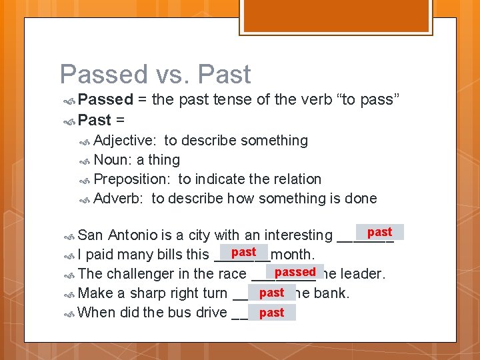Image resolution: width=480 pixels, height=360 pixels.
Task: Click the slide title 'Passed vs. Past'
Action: pos(155,74)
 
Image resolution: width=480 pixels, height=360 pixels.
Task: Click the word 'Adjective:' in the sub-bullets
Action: pos(125,141)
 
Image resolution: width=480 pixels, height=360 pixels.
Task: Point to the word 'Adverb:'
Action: pos(119,199)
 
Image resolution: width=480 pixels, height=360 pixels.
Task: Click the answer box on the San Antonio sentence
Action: pos(379,232)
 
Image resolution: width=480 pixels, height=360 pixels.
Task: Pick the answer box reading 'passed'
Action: pos(295,272)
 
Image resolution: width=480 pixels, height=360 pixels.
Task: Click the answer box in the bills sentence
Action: pos(243,252)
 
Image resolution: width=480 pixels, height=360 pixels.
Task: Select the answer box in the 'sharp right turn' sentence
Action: pos(271,293)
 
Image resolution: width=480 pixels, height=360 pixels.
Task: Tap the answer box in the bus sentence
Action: pos(271,313)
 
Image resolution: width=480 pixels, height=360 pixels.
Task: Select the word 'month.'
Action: pos(293,255)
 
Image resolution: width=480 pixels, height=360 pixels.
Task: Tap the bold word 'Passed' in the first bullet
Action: pos(105,100)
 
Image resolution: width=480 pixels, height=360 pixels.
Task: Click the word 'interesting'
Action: pos(298,235)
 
